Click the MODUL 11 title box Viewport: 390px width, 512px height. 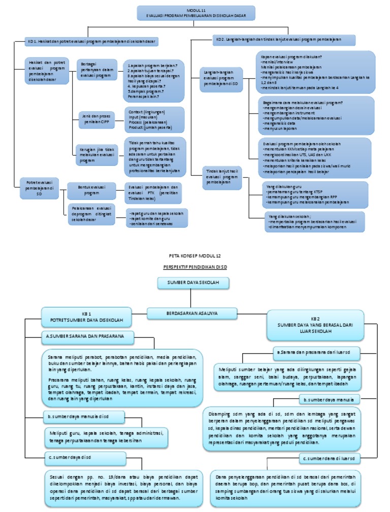(196, 14)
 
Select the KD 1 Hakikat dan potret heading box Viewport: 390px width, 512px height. (92, 41)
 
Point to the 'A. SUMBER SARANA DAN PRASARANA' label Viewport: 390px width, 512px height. (86, 336)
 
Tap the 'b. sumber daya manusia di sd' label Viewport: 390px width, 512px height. (83, 417)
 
